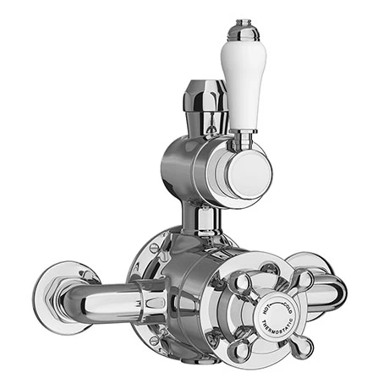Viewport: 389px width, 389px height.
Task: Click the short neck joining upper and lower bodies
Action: point(203,218)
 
